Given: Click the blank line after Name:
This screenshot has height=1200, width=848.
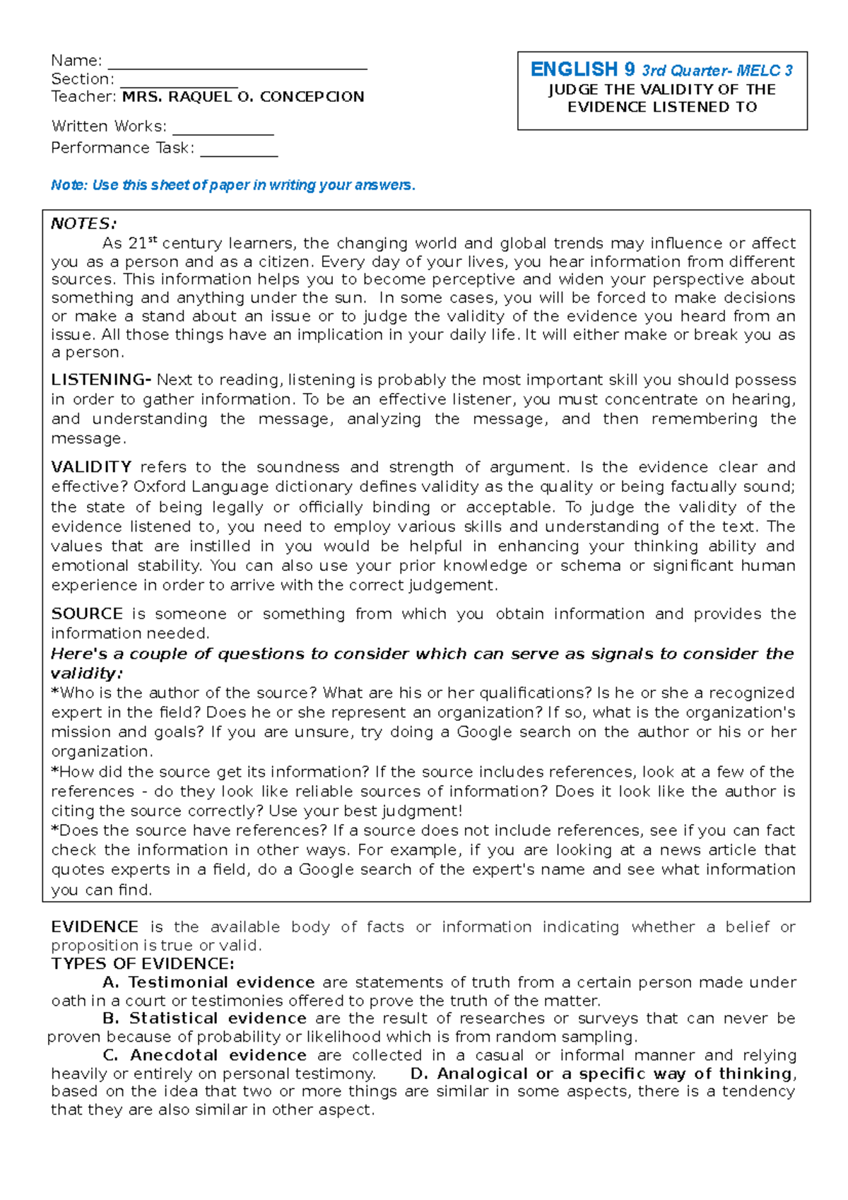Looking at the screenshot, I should click(237, 66).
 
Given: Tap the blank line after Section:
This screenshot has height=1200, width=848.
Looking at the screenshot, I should click(178, 84).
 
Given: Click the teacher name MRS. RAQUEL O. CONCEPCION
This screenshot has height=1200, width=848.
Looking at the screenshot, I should click(243, 97).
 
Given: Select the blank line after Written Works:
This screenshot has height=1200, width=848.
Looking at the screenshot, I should click(223, 131).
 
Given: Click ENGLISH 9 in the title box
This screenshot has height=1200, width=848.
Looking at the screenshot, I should click(583, 69).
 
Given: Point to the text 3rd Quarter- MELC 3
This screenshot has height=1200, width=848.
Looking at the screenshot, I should click(717, 71).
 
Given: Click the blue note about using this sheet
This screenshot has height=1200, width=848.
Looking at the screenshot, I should click(233, 185).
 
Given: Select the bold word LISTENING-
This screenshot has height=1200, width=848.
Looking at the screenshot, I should click(101, 380).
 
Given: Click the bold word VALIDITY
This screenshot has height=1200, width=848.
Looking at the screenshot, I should click(91, 467).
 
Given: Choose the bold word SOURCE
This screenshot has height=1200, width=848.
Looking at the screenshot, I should click(87, 614).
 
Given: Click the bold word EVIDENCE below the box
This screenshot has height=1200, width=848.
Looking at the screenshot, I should click(95, 927).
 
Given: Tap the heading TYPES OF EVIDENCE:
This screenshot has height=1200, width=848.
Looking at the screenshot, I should click(143, 964).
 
